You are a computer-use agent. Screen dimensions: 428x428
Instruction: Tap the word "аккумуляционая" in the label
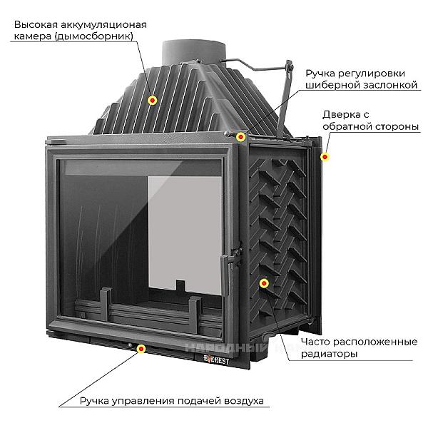[x=103, y=24]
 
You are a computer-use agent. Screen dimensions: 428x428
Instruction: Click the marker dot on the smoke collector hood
[x=153, y=100]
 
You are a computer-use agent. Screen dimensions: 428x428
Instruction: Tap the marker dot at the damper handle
[x=241, y=136]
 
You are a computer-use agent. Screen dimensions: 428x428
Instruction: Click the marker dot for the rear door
[x=325, y=157]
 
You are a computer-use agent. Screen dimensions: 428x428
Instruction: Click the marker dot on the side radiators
[x=265, y=284]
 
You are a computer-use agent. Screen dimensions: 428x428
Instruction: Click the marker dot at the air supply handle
[x=141, y=349]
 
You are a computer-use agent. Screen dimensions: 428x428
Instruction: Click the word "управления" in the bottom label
[x=143, y=401]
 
